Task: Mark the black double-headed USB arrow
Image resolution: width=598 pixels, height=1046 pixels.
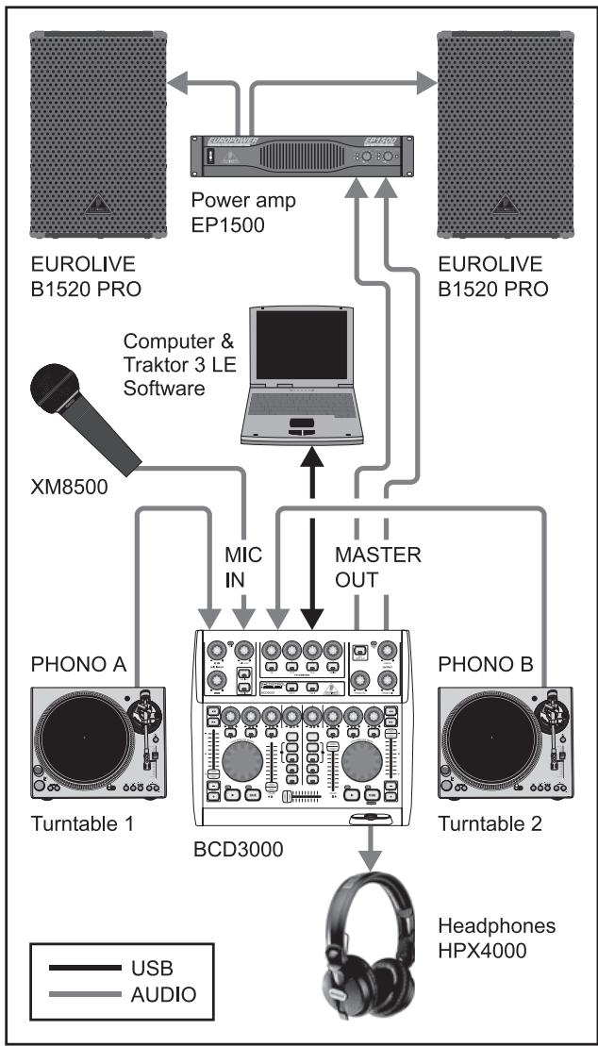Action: (x=313, y=539)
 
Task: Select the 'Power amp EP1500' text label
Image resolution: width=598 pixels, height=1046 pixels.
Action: (x=243, y=213)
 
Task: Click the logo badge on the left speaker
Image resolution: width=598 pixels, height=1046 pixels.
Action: (x=97, y=206)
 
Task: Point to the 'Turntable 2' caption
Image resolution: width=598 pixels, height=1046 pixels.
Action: (x=490, y=823)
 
